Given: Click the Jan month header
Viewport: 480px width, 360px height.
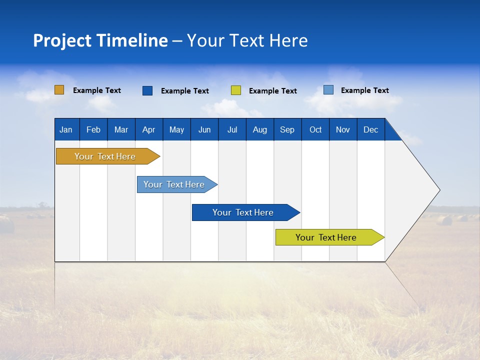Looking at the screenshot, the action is pyautogui.click(x=66, y=130).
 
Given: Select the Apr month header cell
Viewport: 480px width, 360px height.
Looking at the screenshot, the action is pyautogui.click(x=149, y=130).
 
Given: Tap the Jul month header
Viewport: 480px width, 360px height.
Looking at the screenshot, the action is pyautogui.click(x=232, y=130).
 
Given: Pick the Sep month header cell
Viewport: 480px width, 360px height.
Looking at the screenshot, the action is pyautogui.click(x=287, y=130).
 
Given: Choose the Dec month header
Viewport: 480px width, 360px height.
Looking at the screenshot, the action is pyautogui.click(x=370, y=130).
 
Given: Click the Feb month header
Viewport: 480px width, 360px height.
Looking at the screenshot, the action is pyautogui.click(x=93, y=130).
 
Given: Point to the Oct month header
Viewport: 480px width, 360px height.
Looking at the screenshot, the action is pyautogui.click(x=315, y=130).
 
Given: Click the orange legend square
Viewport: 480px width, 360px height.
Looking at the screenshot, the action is pyautogui.click(x=59, y=90).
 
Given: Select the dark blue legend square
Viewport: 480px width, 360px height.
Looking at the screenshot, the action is pyautogui.click(x=147, y=90).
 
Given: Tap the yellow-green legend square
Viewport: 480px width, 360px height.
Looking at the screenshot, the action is pyautogui.click(x=236, y=90).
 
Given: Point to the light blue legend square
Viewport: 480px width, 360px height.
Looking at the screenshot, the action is pyautogui.click(x=328, y=90).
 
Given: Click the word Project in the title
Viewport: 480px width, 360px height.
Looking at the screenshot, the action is pyautogui.click(x=62, y=41).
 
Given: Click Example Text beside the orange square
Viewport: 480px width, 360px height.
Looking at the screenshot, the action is pyautogui.click(x=97, y=90).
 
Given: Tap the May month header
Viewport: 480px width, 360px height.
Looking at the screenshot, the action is pyautogui.click(x=176, y=130).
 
